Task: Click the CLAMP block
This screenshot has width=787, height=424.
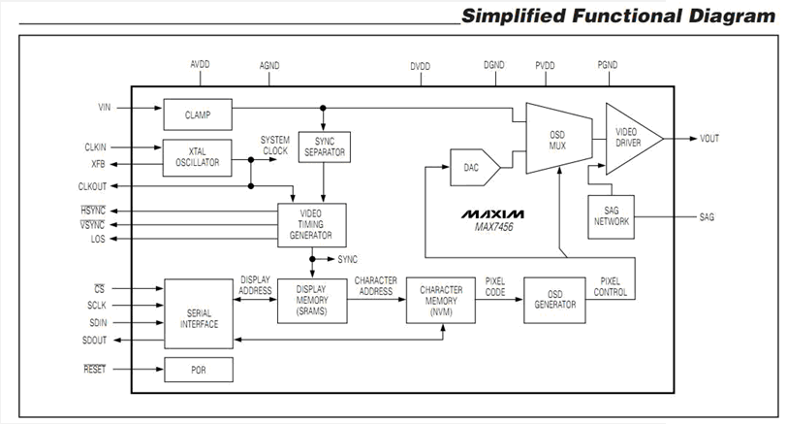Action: tap(198, 114)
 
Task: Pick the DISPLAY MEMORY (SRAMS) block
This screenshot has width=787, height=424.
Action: tap(311, 299)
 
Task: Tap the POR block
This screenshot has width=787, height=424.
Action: tap(198, 370)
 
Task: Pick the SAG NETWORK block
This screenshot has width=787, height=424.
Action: tap(611, 214)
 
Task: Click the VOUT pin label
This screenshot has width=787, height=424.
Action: tap(710, 139)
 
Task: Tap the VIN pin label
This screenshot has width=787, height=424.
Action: tap(106, 106)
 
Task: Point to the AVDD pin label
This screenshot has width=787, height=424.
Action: tap(200, 65)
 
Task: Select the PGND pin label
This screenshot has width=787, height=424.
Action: tap(610, 65)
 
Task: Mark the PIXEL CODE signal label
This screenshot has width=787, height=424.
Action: tap(496, 286)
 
